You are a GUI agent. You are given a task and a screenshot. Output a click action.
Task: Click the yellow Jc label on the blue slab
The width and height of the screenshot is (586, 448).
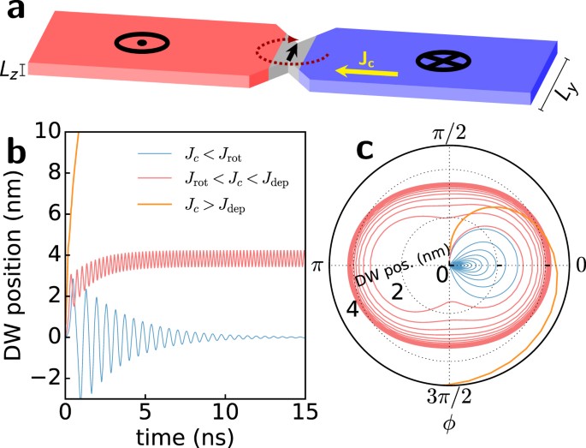click(x=364, y=58)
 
